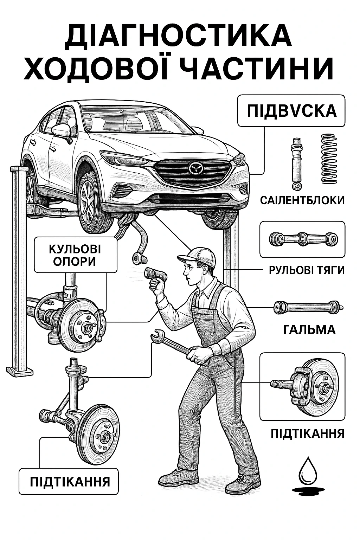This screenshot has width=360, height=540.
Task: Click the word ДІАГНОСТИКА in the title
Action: coord(179,36)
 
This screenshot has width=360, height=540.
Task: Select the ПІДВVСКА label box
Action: coord(291,111)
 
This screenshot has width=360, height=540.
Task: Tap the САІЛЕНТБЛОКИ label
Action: coord(302,200)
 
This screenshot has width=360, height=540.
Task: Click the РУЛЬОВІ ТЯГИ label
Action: coord(307,270)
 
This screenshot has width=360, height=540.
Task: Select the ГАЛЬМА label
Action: coord(309,330)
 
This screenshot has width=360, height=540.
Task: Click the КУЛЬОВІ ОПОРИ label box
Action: coord(75,255)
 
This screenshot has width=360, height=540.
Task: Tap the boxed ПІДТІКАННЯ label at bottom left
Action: coord(69,481)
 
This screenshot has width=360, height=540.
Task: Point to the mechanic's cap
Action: coord(199,256)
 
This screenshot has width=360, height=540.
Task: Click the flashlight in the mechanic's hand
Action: coord(155,274)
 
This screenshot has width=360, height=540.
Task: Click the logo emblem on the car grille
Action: coord(195,168)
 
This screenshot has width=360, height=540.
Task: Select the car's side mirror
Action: coord(62,130)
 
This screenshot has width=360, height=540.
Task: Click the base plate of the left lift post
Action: coord(20,371)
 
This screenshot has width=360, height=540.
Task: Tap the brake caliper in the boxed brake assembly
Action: coord(300,386)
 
